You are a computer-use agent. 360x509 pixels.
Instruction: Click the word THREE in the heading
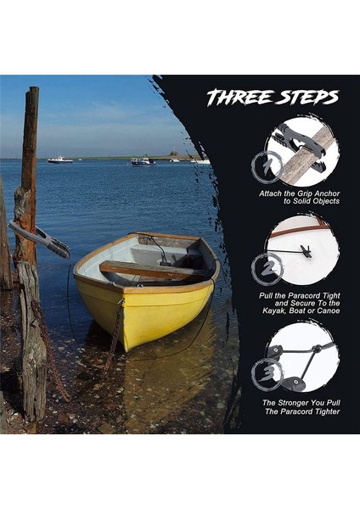pos(238,98)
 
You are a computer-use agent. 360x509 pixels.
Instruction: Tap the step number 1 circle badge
pos(267,165)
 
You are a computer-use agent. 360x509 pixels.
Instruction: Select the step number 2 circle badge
pos(267,269)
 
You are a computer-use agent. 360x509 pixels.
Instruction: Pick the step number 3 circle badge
pos(267,373)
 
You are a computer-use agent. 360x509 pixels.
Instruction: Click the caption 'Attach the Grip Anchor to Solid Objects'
pos(300,198)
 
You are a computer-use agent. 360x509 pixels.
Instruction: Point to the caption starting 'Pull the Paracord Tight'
pos(300,302)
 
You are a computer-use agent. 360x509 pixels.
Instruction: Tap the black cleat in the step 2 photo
pos(304,251)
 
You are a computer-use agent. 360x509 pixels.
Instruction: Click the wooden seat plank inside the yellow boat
pos(144,271)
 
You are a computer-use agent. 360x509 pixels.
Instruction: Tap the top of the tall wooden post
pos(32,91)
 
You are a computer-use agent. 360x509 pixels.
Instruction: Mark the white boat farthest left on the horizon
pos(59,159)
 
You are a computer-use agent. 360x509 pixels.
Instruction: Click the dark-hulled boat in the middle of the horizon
pos(142,160)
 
